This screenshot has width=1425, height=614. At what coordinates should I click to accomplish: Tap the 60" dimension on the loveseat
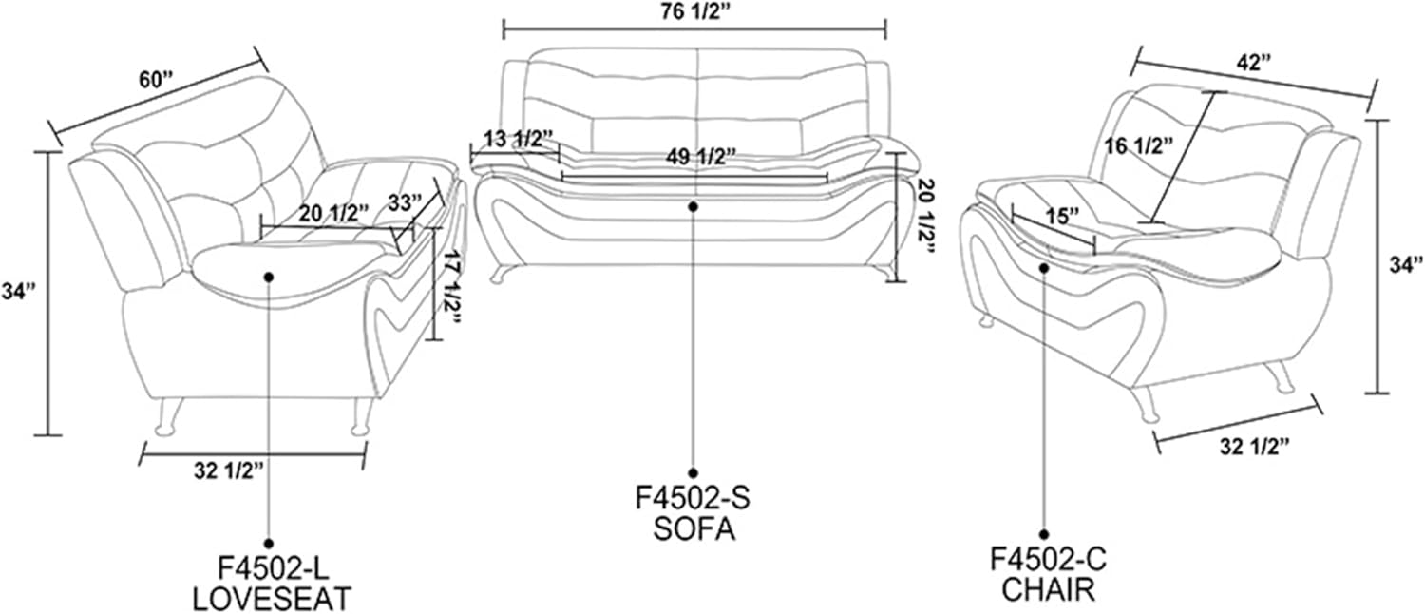pos(157,81)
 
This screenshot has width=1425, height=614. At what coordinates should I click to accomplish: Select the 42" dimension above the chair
pos(1254,63)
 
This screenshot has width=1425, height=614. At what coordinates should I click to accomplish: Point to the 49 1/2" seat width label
pos(702,157)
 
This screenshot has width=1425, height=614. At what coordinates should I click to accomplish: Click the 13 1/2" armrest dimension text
pos(519,139)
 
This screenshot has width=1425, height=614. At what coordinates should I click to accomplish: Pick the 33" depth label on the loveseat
pos(406,203)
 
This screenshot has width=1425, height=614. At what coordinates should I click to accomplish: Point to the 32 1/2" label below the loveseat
pos(229,471)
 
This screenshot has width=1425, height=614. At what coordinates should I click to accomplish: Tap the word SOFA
pos(694,529)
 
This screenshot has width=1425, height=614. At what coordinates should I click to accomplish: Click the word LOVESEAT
pos(272,599)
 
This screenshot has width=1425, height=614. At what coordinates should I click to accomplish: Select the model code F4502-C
pos(1049,560)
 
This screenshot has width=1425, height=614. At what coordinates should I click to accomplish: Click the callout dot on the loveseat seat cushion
pos(269,277)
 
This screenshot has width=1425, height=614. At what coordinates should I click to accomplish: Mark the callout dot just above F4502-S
pos(693,472)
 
